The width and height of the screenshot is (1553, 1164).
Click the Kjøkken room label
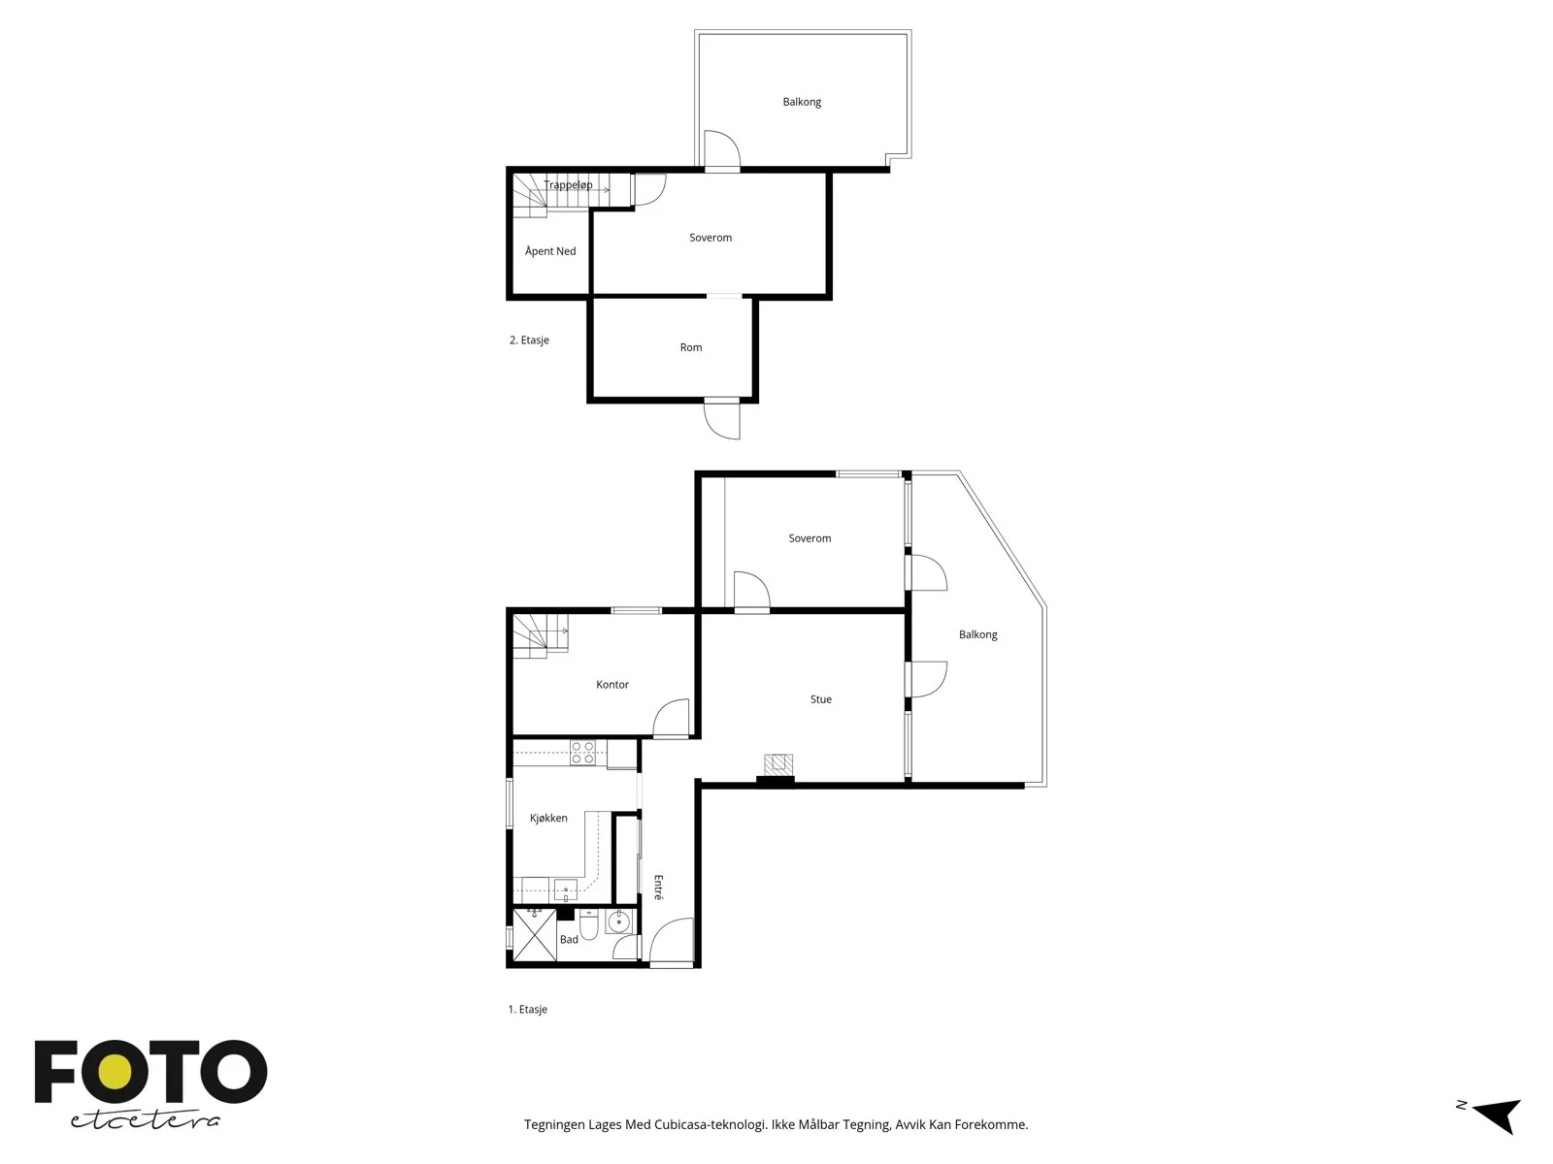[548, 819]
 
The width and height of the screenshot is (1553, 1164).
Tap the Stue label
[821, 699]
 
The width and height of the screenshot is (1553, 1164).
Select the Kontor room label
[612, 685]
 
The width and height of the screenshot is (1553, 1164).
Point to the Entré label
[659, 887]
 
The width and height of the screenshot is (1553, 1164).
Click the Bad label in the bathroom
[569, 939]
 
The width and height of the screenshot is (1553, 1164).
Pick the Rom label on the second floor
[691, 347]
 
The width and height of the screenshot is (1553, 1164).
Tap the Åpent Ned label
[550, 251]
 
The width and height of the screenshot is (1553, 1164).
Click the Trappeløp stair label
[568, 185]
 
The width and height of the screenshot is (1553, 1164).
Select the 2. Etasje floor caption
[529, 339]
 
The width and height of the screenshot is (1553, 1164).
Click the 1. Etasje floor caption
[528, 1009]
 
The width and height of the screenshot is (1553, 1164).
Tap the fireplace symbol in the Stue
[778, 764]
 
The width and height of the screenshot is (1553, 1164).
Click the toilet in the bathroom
[588, 922]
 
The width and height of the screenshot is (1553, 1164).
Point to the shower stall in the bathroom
[534, 935]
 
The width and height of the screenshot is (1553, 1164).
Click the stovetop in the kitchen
[583, 753]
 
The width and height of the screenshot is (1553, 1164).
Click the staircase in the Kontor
[541, 636]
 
